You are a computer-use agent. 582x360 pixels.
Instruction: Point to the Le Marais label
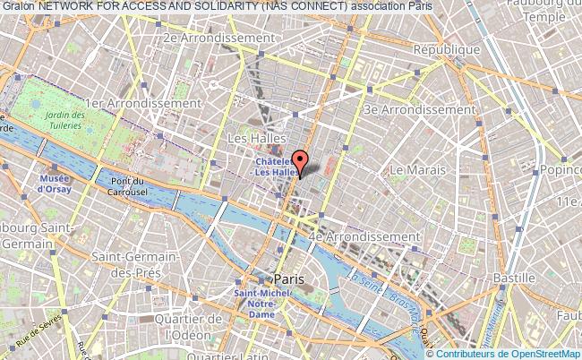coord(417,168)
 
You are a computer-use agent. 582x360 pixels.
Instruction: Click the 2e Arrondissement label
coord(218,39)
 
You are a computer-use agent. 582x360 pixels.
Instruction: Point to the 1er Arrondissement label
coord(155,103)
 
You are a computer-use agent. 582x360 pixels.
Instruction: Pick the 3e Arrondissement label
coord(419,109)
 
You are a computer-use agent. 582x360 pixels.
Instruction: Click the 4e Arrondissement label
coord(363,236)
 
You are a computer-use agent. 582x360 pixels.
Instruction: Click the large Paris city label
coord(289,279)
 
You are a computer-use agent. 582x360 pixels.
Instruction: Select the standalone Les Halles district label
coord(256,138)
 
